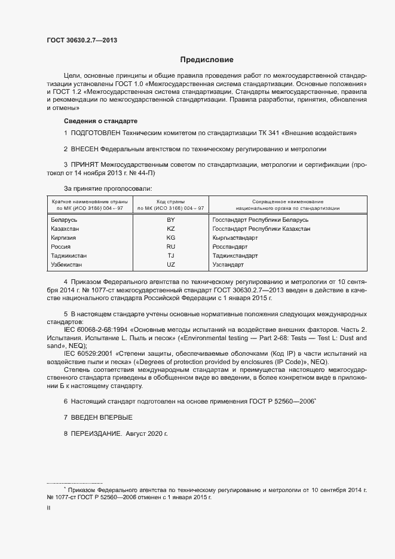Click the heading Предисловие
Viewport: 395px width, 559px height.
(x=207, y=60)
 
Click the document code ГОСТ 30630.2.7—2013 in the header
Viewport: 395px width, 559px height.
(x=81, y=41)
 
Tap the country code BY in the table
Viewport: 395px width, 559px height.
(x=170, y=219)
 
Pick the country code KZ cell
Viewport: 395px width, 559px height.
(x=170, y=228)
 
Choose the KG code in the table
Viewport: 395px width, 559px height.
(x=170, y=237)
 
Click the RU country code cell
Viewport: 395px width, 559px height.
(x=170, y=246)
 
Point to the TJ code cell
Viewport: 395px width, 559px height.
(x=170, y=255)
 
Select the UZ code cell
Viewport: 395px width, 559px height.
(x=170, y=264)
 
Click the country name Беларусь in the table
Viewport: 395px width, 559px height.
(x=65, y=219)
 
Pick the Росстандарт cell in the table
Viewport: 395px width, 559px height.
(x=230, y=246)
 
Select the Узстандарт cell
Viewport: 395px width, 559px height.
(x=229, y=264)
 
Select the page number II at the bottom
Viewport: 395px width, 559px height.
(x=48, y=508)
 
